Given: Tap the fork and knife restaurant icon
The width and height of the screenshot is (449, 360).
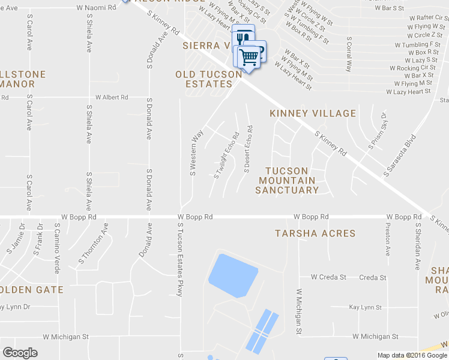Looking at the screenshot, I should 243,37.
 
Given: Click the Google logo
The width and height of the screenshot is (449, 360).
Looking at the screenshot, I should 20,353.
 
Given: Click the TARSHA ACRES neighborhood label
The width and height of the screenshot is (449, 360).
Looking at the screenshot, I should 315,233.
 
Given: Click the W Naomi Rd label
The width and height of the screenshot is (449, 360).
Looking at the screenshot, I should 96,8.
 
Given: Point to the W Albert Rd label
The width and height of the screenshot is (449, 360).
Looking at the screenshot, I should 112,97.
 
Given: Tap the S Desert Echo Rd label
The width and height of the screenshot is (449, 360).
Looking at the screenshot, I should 248,149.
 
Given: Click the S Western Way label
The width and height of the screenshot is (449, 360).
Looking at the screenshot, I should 193,154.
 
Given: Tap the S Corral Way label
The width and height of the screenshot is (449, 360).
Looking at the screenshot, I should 348,54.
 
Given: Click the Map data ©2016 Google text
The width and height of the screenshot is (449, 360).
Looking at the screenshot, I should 412,355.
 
